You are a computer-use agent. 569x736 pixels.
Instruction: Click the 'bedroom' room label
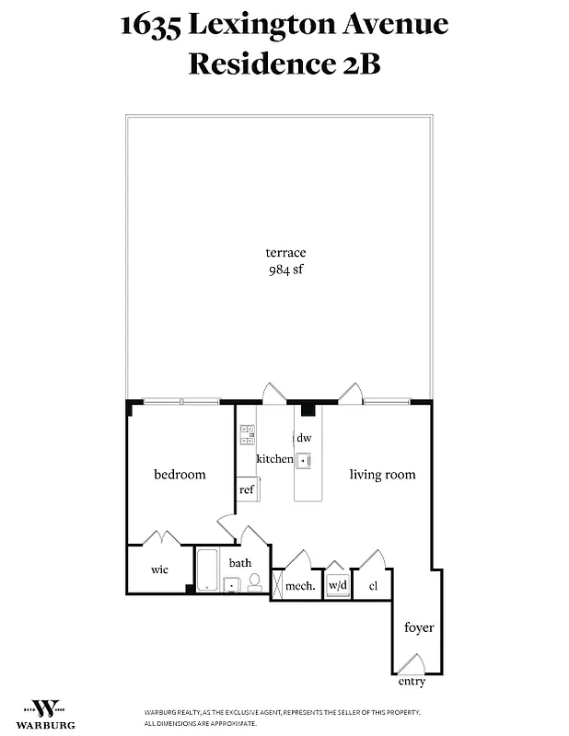pos(180,475)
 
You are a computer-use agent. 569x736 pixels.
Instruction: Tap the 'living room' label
pos(382,475)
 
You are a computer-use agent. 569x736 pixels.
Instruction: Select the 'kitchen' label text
pos(274,459)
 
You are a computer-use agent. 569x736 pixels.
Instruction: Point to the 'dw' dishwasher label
pos(304,439)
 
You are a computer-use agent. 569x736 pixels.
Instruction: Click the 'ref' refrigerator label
pos(247,489)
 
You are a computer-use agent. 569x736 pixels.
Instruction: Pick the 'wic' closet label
pos(159,569)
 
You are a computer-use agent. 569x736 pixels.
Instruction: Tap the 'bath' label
pos(240,562)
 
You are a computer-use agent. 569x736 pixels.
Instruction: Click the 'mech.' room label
pos(300,585)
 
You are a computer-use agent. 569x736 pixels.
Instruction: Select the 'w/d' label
pos(338,585)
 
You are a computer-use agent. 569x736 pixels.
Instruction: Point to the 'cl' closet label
pos(373,585)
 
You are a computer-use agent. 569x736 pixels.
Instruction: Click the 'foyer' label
pos(419,627)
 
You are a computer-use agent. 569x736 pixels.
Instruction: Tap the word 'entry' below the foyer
pos(412,682)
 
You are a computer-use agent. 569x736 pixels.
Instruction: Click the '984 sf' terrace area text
pos(285,270)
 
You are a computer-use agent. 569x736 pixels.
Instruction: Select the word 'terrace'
pos(285,252)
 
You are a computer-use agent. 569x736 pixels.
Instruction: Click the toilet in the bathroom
pos(254,581)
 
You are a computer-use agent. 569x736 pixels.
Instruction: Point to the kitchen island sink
pos(303,460)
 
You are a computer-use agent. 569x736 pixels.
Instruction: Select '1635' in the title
pos(150,25)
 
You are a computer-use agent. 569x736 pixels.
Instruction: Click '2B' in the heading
pos(357,64)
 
